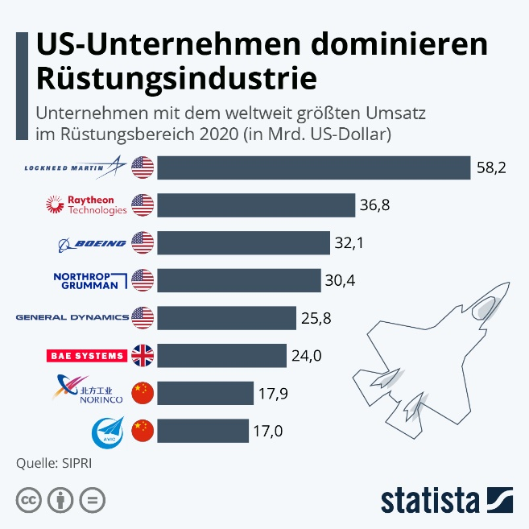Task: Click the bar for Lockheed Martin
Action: pyautogui.click(x=313, y=167)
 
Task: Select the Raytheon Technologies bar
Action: pyautogui.click(x=256, y=205)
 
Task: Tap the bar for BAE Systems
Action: pyautogui.click(x=221, y=355)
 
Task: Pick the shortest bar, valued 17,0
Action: pyautogui.click(x=203, y=431)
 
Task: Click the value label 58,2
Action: pyautogui.click(x=490, y=168)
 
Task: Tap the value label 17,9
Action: pyautogui.click(x=273, y=394)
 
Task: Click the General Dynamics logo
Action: pyautogui.click(x=72, y=317)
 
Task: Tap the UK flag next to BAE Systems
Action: pyautogui.click(x=143, y=355)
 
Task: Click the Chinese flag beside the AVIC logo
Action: pyautogui.click(x=143, y=431)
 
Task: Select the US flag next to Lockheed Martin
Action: pyautogui.click(x=143, y=167)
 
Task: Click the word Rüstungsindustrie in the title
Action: pyautogui.click(x=176, y=77)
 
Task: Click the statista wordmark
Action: pyautogui.click(x=428, y=498)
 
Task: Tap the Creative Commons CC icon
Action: pyautogui.click(x=28, y=499)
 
